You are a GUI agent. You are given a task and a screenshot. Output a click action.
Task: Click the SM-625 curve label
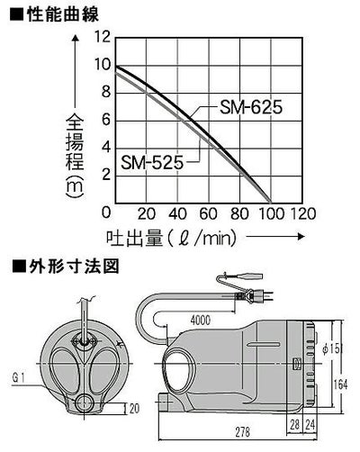pos(251,107)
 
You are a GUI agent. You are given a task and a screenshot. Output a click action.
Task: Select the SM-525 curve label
pos(152,162)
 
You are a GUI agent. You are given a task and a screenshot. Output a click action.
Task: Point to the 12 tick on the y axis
pos(103,37)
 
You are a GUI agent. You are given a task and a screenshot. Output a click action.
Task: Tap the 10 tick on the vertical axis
pos(103,65)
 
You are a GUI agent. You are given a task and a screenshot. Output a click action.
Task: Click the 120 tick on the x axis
pos(302,214)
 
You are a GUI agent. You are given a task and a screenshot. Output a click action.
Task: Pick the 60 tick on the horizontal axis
pos(208,214)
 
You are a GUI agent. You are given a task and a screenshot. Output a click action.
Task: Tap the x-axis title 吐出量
pos(135,239)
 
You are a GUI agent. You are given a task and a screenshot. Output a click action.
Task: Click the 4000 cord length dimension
pos(201,321)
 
